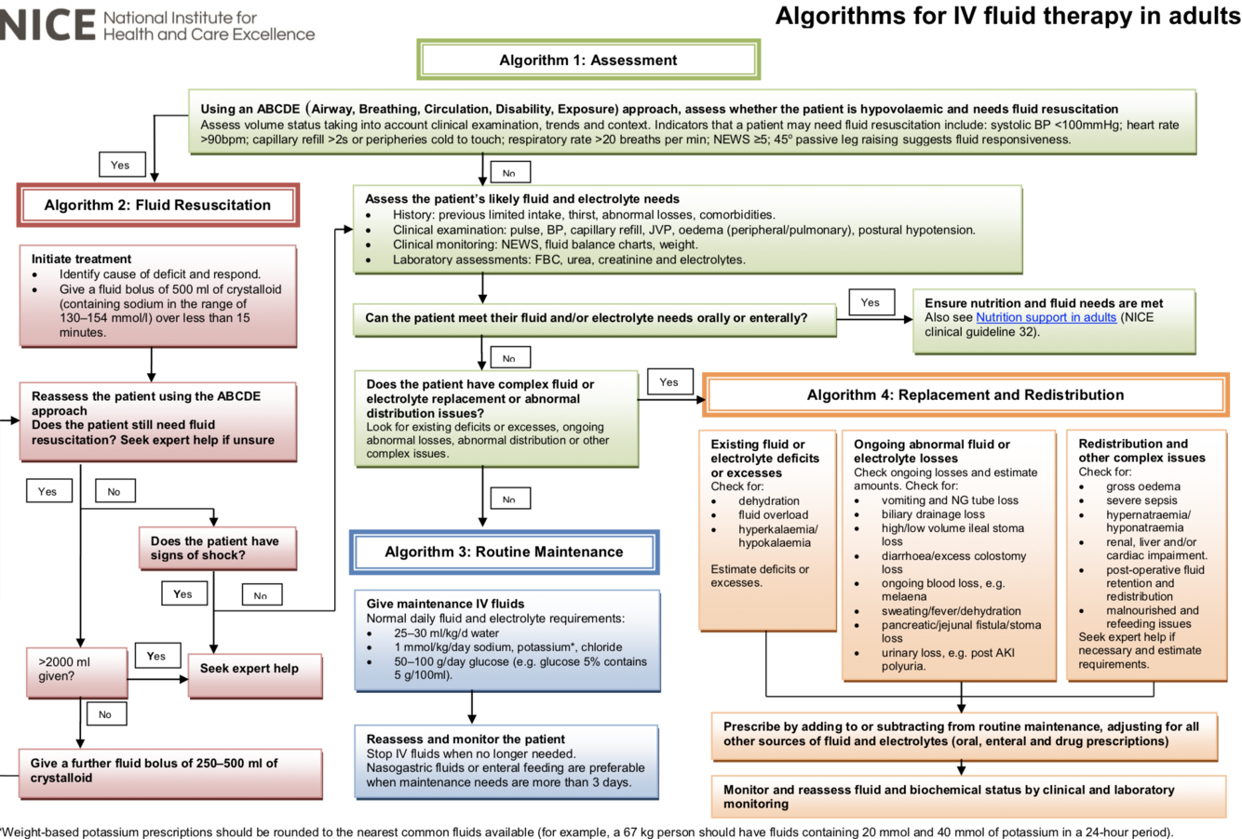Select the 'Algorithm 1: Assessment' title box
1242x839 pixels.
coord(588,60)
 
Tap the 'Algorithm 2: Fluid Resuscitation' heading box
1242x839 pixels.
coord(157,206)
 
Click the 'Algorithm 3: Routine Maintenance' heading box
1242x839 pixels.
coord(504,552)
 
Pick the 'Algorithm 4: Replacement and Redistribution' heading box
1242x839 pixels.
coord(965,395)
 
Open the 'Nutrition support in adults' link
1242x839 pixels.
coord(1046,317)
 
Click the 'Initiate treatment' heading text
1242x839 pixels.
coord(82,259)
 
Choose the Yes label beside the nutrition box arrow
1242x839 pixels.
coord(871,302)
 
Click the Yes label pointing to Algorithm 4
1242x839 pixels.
coord(668,381)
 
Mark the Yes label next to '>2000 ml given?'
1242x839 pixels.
coord(156,656)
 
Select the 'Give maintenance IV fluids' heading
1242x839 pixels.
coord(445,604)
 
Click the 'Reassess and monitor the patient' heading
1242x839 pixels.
coord(466,739)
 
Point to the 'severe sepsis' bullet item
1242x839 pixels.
coord(1141,500)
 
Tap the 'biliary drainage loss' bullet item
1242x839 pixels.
coord(933,514)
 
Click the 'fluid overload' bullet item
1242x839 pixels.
coord(773,514)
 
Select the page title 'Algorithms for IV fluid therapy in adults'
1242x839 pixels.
coord(1006,17)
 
